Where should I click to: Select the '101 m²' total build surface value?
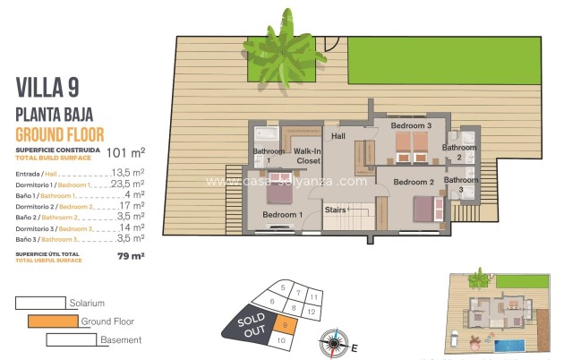(x=125, y=152)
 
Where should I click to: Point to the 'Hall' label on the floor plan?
(x=338, y=136)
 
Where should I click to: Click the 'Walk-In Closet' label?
(x=308, y=157)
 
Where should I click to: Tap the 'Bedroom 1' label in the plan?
(x=281, y=215)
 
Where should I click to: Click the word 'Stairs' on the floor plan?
(x=336, y=210)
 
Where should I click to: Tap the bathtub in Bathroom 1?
(x=266, y=134)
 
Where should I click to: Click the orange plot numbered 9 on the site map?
(x=284, y=326)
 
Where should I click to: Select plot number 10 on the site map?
(x=282, y=340)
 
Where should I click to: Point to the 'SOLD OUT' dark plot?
(x=248, y=325)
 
